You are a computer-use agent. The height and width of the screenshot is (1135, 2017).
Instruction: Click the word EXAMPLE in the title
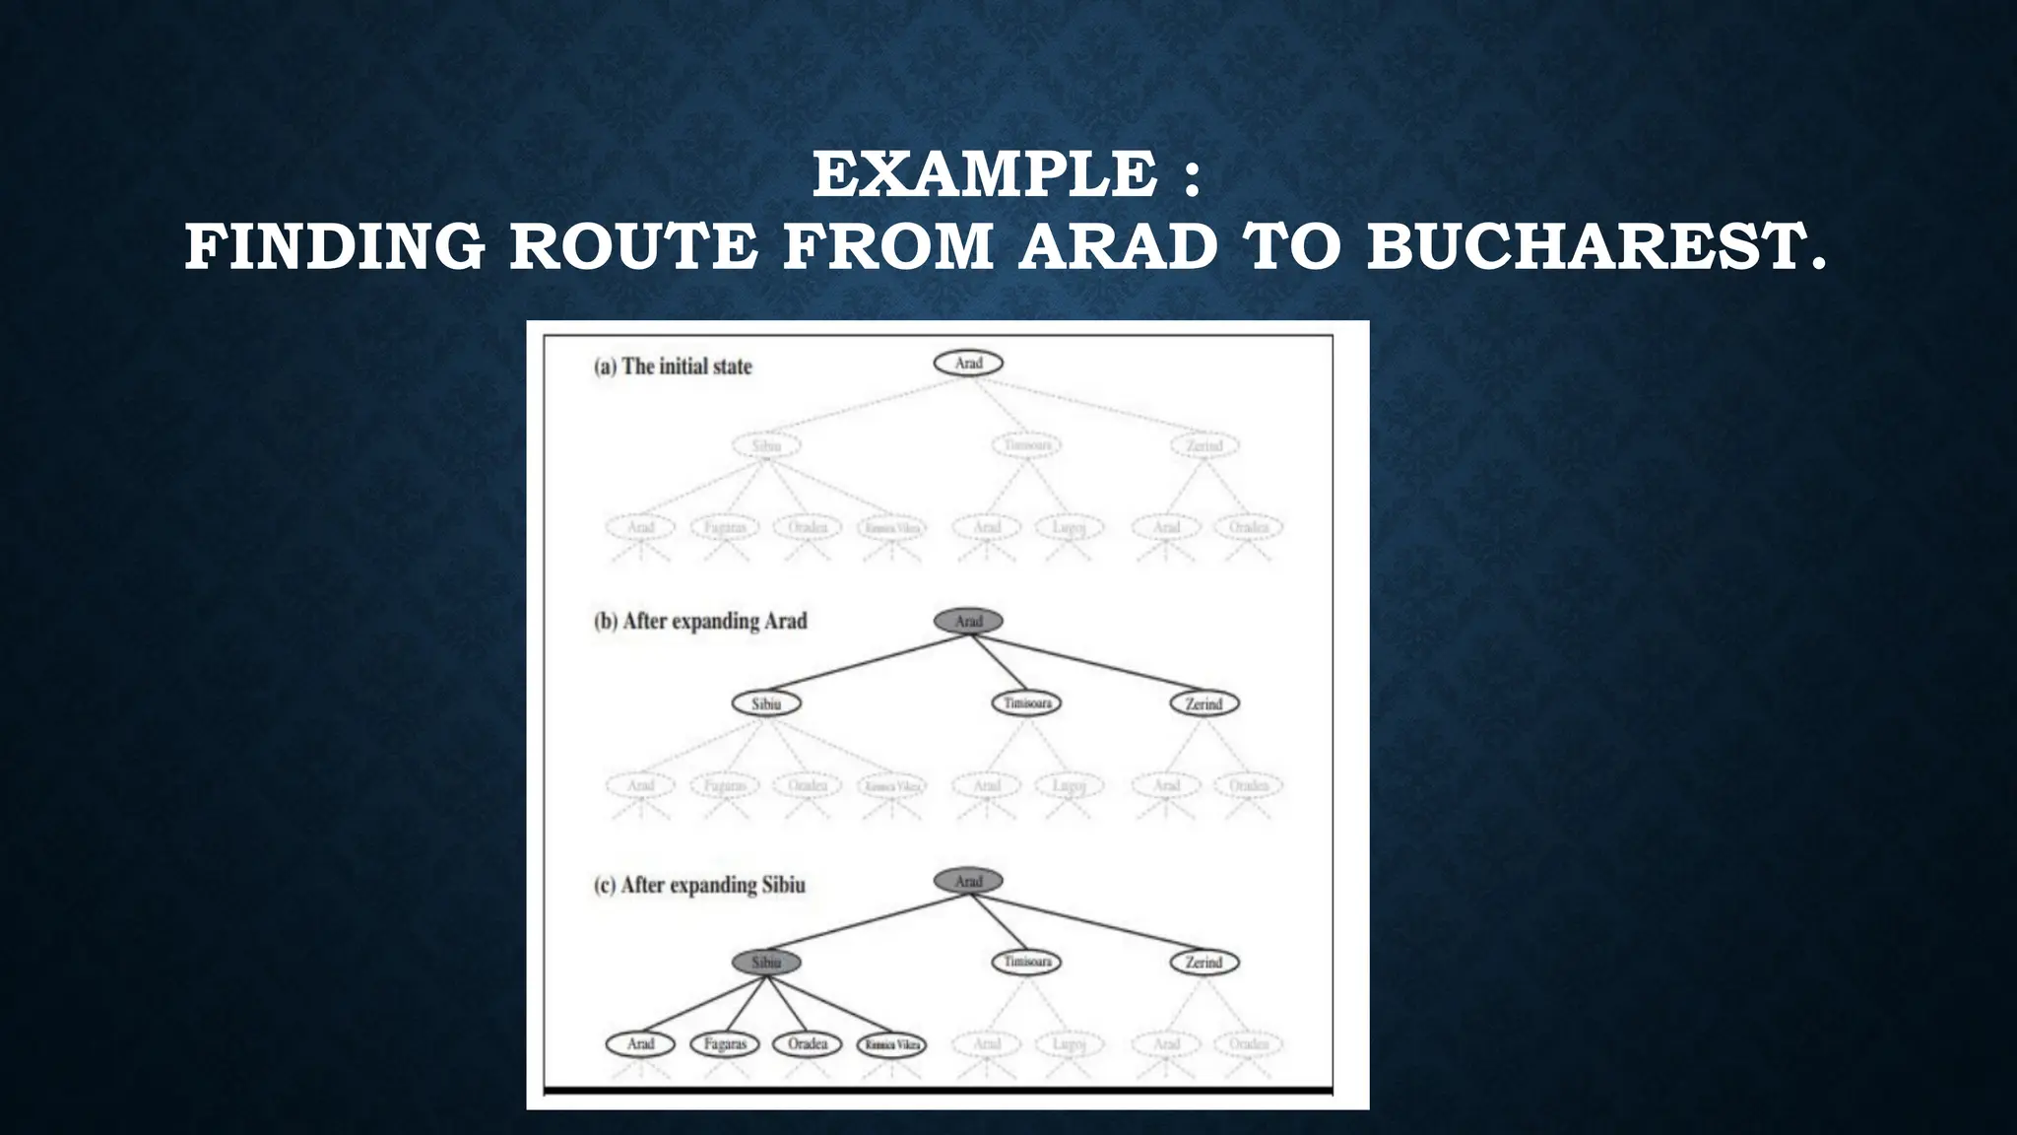coord(985,174)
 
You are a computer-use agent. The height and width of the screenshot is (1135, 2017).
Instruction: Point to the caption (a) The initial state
coord(673,367)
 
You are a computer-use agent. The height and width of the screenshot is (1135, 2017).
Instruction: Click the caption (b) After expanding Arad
coord(700,622)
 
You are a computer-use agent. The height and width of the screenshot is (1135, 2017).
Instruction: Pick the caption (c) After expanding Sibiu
coord(699,885)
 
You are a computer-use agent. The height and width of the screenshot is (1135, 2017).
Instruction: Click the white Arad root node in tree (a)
coord(968,364)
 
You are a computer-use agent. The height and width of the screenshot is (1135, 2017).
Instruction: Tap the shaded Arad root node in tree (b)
coord(968,622)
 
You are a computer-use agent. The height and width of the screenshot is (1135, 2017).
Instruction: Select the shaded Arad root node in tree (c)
coord(968,881)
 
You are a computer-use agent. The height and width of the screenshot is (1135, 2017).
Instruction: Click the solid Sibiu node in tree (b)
coord(766,703)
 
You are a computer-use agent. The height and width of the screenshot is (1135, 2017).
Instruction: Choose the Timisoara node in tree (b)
coord(1027,703)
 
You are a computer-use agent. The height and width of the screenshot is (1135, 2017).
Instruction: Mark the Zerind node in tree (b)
coord(1204,703)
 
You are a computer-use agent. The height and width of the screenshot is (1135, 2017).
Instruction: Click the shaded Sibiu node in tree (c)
coord(766,963)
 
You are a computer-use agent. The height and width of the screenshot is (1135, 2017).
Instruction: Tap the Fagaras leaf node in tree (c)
coord(725,1043)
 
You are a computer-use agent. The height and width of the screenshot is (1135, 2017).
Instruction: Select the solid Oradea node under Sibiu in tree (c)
coord(808,1043)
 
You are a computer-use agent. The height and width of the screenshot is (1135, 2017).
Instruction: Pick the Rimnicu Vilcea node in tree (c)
coord(891,1043)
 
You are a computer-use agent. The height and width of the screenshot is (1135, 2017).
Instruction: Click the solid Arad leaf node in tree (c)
coord(640,1043)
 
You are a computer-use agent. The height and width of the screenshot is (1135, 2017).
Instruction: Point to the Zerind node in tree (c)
coord(1204,963)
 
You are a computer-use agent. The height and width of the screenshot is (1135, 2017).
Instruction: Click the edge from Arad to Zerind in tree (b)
coord(1088,662)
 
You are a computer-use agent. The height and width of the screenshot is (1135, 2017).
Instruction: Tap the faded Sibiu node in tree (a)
coord(766,445)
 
